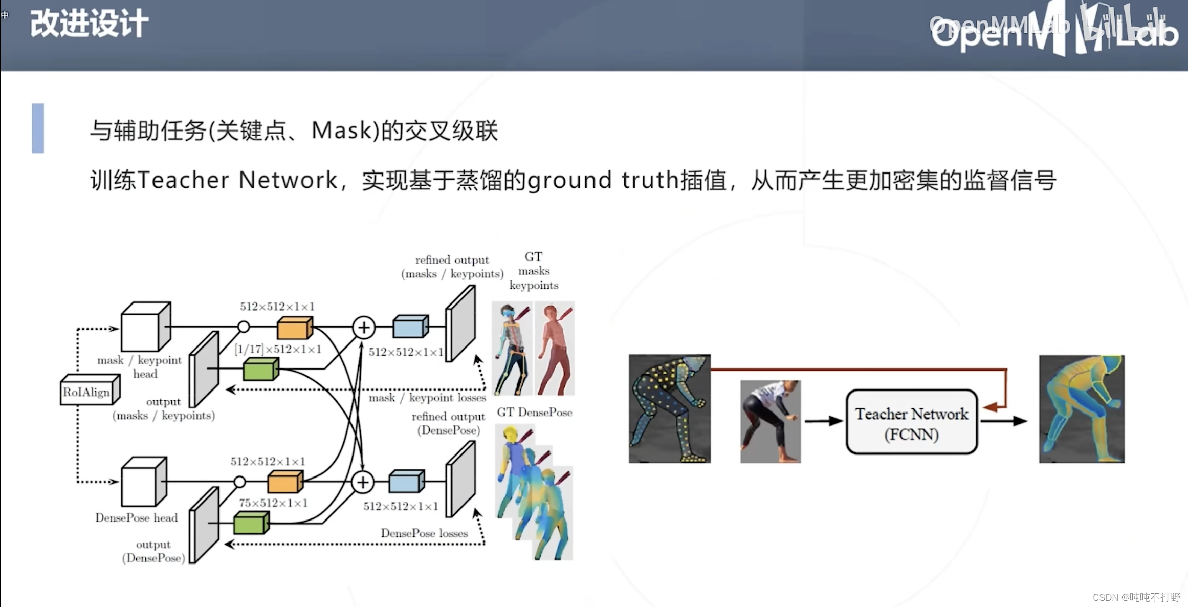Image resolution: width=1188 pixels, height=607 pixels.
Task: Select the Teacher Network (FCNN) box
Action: [911, 422]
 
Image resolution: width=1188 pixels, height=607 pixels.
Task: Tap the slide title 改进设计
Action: [90, 24]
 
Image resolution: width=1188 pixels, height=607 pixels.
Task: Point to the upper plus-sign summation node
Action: [364, 328]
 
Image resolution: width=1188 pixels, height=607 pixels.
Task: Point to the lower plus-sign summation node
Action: [363, 482]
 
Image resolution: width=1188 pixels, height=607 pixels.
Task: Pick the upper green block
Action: [260, 369]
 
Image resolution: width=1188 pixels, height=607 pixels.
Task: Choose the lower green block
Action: [251, 523]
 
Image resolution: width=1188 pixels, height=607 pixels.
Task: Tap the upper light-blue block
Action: [410, 327]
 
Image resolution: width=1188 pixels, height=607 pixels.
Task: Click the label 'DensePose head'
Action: [137, 517]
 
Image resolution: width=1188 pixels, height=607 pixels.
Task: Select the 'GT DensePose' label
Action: [534, 412]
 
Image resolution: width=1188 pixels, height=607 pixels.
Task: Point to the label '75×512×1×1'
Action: [273, 503]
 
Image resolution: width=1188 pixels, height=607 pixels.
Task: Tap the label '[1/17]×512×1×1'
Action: [278, 350]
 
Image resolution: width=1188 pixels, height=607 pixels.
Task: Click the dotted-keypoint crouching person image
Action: [669, 408]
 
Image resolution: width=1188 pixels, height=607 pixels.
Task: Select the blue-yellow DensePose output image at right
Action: [1081, 408]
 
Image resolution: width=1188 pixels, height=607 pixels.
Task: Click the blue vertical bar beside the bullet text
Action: [38, 128]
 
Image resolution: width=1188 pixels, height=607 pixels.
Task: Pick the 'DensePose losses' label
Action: [424, 533]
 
